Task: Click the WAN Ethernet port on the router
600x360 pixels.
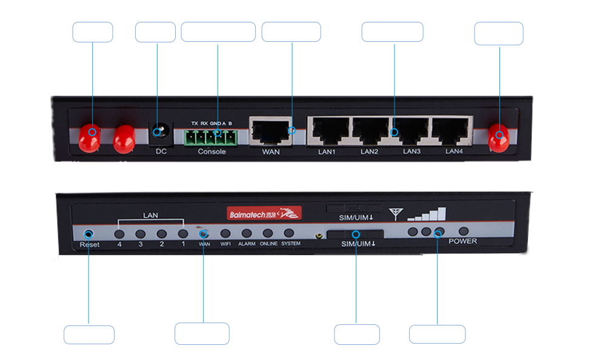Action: pos(270,130)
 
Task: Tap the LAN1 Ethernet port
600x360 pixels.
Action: pos(328,130)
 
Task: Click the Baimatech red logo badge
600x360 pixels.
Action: pos(264,213)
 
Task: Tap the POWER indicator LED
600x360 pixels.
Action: pos(464,231)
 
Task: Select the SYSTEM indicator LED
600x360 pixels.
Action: pos(289,233)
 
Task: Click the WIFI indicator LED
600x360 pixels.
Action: pos(225,233)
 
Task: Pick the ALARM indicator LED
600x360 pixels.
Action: pos(247,233)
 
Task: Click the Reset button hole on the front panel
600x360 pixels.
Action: pos(89,233)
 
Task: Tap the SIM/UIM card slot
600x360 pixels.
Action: pos(356,235)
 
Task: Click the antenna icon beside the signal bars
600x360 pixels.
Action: pos(396,213)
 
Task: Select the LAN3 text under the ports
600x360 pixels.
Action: pos(412,152)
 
